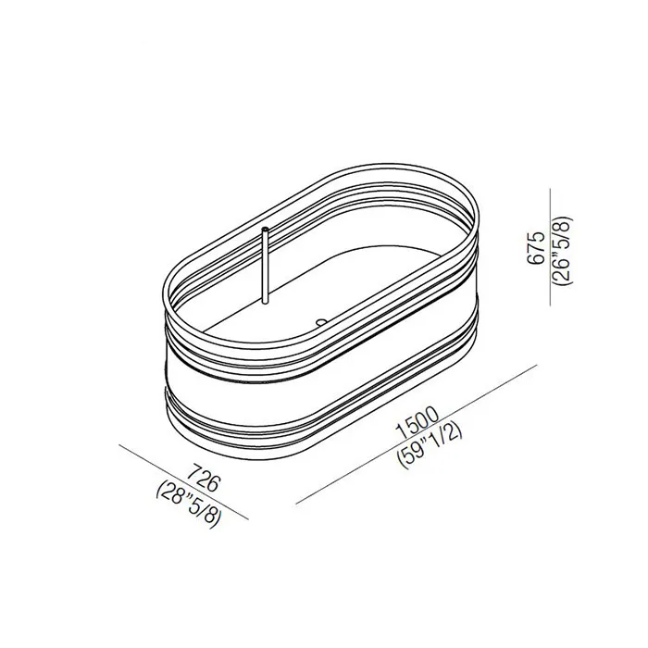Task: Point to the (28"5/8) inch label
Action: (189, 505)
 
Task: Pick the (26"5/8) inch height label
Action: (563, 251)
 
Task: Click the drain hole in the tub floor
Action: (321, 320)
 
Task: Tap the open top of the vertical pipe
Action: (265, 228)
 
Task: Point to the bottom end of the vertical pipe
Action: (265, 302)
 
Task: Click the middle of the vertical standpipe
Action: (265, 265)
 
